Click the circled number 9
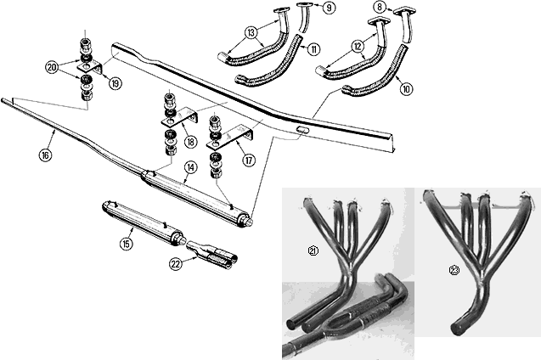(330, 8)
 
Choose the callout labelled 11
(314, 50)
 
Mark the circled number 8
(379, 7)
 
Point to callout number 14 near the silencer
(191, 168)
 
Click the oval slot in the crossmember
(303, 131)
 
